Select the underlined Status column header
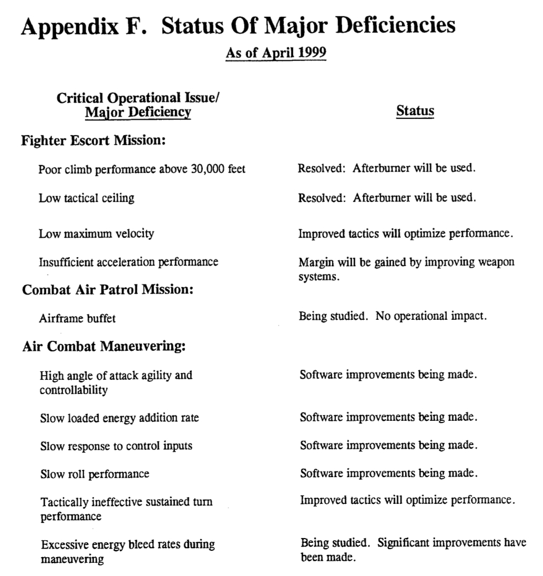tap(415, 111)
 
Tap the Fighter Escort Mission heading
tap(94, 141)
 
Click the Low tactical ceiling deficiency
tap(86, 198)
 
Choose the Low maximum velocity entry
tap(96, 234)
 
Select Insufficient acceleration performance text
tap(128, 261)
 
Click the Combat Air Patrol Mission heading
tap(108, 290)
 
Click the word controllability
tap(74, 390)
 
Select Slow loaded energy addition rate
tap(119, 418)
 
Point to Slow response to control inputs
tap(116, 446)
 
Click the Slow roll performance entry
tap(95, 474)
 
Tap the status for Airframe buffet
tap(393, 317)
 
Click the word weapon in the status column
tap(496, 262)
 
